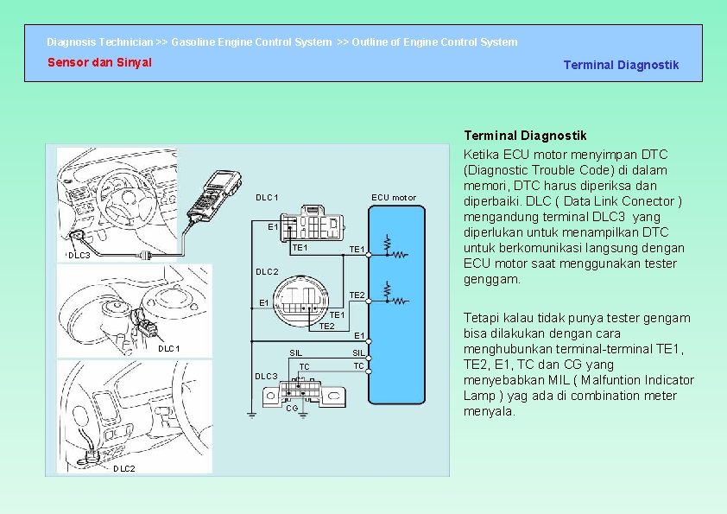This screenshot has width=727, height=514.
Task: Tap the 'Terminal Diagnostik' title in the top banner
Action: pyautogui.click(x=621, y=65)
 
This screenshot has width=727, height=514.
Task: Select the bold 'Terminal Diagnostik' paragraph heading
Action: pyautogui.click(x=525, y=136)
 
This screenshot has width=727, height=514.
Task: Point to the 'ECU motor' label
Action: pyautogui.click(x=393, y=198)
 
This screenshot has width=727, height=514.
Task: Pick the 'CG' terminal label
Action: pyautogui.click(x=292, y=408)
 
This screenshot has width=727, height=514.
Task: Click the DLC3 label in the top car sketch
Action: pyautogui.click(x=79, y=256)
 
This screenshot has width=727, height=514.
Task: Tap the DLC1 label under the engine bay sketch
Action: pyautogui.click(x=169, y=348)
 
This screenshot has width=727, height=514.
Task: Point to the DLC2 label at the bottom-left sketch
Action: pyautogui.click(x=124, y=468)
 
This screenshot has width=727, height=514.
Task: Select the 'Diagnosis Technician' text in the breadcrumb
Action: pyautogui.click(x=100, y=41)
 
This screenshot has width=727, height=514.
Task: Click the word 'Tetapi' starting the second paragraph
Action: pyautogui.click(x=481, y=318)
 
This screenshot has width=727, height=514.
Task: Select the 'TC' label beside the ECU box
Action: pyautogui.click(x=357, y=365)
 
